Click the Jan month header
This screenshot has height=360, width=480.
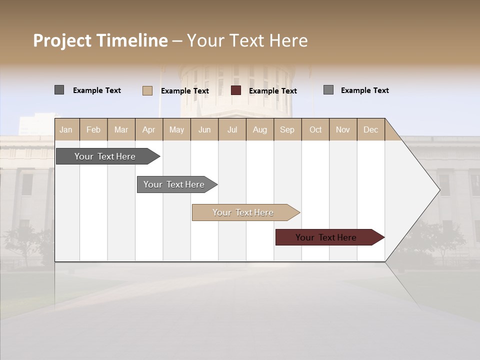(x=66, y=129)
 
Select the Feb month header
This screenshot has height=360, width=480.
(x=93, y=129)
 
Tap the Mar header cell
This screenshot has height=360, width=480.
(x=121, y=129)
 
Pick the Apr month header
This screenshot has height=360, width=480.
(x=149, y=129)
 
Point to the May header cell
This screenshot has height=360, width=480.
(x=176, y=129)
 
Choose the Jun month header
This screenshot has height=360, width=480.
(x=204, y=129)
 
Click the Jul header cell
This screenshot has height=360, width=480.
(x=232, y=129)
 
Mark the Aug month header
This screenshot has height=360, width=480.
(x=260, y=129)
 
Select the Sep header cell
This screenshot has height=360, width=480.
(x=287, y=129)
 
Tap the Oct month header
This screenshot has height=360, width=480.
(x=315, y=129)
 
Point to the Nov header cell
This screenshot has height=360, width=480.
(x=343, y=129)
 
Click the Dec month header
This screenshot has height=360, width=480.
(x=371, y=129)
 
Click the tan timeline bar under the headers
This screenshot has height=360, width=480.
(x=243, y=212)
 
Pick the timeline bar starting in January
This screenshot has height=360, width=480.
(x=105, y=156)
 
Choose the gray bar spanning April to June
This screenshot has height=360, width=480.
(x=174, y=184)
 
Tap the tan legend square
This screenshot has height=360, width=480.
(x=147, y=90)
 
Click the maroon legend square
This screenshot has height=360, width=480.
(x=236, y=90)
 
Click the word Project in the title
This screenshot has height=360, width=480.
(x=62, y=40)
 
